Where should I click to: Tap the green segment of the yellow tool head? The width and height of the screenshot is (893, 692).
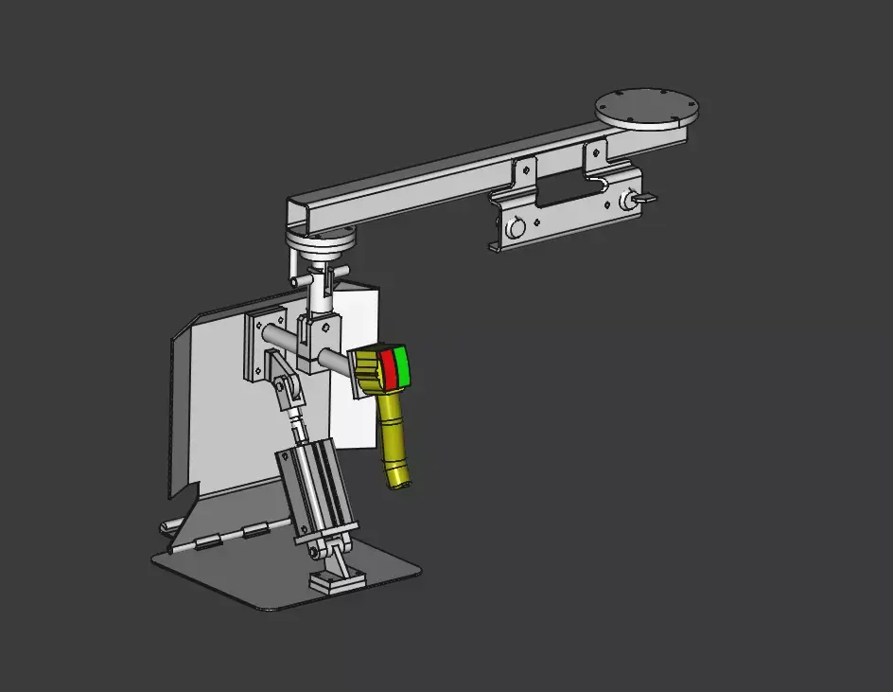pos(401,366)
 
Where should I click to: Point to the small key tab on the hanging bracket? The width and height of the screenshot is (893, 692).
pos(647,198)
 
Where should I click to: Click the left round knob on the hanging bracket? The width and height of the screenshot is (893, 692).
pos(516,227)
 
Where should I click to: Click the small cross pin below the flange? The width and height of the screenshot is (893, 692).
pos(301,281)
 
